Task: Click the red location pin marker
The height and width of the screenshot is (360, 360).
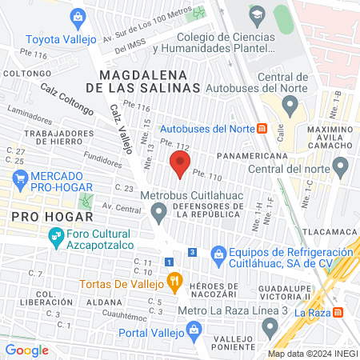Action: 180,165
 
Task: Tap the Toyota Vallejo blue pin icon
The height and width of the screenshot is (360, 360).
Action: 78,16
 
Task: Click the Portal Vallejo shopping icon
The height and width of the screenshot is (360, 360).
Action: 193,329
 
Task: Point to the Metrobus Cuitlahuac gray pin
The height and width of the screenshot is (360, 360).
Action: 158,213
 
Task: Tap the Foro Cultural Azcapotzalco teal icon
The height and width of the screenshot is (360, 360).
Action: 55,236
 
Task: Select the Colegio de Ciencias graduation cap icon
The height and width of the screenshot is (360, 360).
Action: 257,15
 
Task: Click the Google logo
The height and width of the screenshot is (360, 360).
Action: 26,350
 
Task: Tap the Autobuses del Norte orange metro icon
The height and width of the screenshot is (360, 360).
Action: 261,128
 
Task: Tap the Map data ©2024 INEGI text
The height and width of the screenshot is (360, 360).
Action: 311,354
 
